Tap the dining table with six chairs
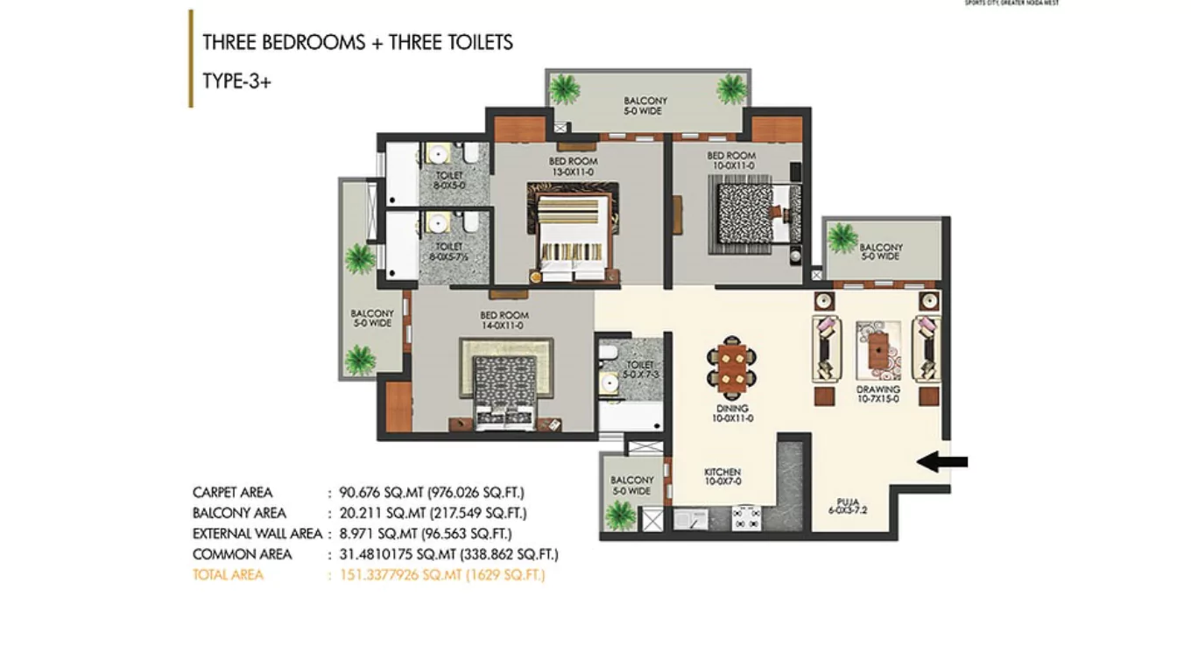click(x=732, y=368)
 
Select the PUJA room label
click(x=847, y=507)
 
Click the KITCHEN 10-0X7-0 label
click(x=722, y=477)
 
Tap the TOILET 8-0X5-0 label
click(x=449, y=180)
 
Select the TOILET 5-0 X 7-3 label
click(x=639, y=369)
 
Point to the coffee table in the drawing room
click(x=877, y=349)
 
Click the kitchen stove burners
click(x=746, y=517)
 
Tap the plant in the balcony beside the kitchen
click(x=620, y=516)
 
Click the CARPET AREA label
click(x=232, y=492)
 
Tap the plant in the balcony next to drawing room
click(x=842, y=237)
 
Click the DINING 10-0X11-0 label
click(x=732, y=413)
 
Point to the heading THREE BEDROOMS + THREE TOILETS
click(x=357, y=42)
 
